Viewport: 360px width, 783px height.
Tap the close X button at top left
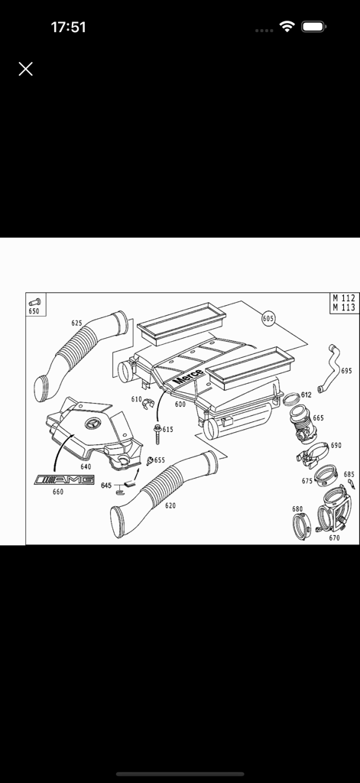pos(25,69)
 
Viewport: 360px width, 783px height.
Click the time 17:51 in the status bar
pos(68,28)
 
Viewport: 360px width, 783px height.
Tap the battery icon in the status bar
pos(313,27)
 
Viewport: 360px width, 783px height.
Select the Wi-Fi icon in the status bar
pos(287,27)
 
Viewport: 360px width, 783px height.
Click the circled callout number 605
pos(268,317)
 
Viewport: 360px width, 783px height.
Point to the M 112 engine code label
pos(344,298)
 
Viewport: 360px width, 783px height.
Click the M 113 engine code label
pos(344,307)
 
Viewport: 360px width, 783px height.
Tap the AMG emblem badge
pos(64,479)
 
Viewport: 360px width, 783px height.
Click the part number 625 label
pos(76,323)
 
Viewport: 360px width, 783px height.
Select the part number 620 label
pos(170,506)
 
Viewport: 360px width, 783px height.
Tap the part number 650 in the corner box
pos(34,311)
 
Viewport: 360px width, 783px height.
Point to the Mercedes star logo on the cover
pos(90,425)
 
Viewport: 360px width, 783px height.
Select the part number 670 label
pos(334,538)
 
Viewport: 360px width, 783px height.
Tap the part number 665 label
pos(318,418)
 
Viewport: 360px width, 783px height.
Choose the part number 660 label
pos(58,492)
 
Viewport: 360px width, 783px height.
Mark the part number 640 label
pos(86,466)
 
